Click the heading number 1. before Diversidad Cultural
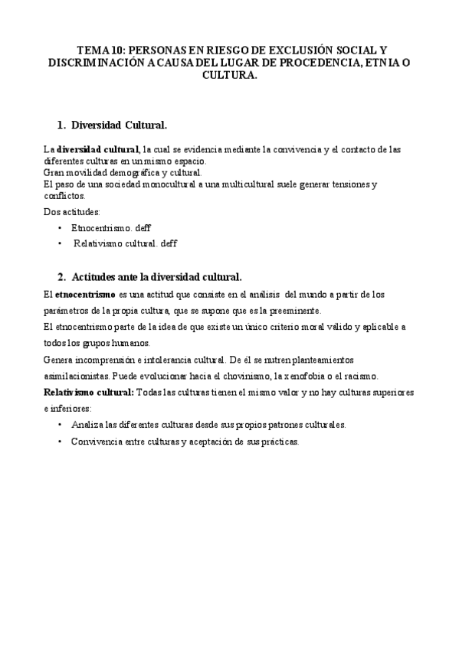(62, 124)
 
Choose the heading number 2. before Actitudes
(62, 276)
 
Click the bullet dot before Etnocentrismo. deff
(60, 228)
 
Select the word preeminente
(268, 311)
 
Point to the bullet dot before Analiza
(60, 425)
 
